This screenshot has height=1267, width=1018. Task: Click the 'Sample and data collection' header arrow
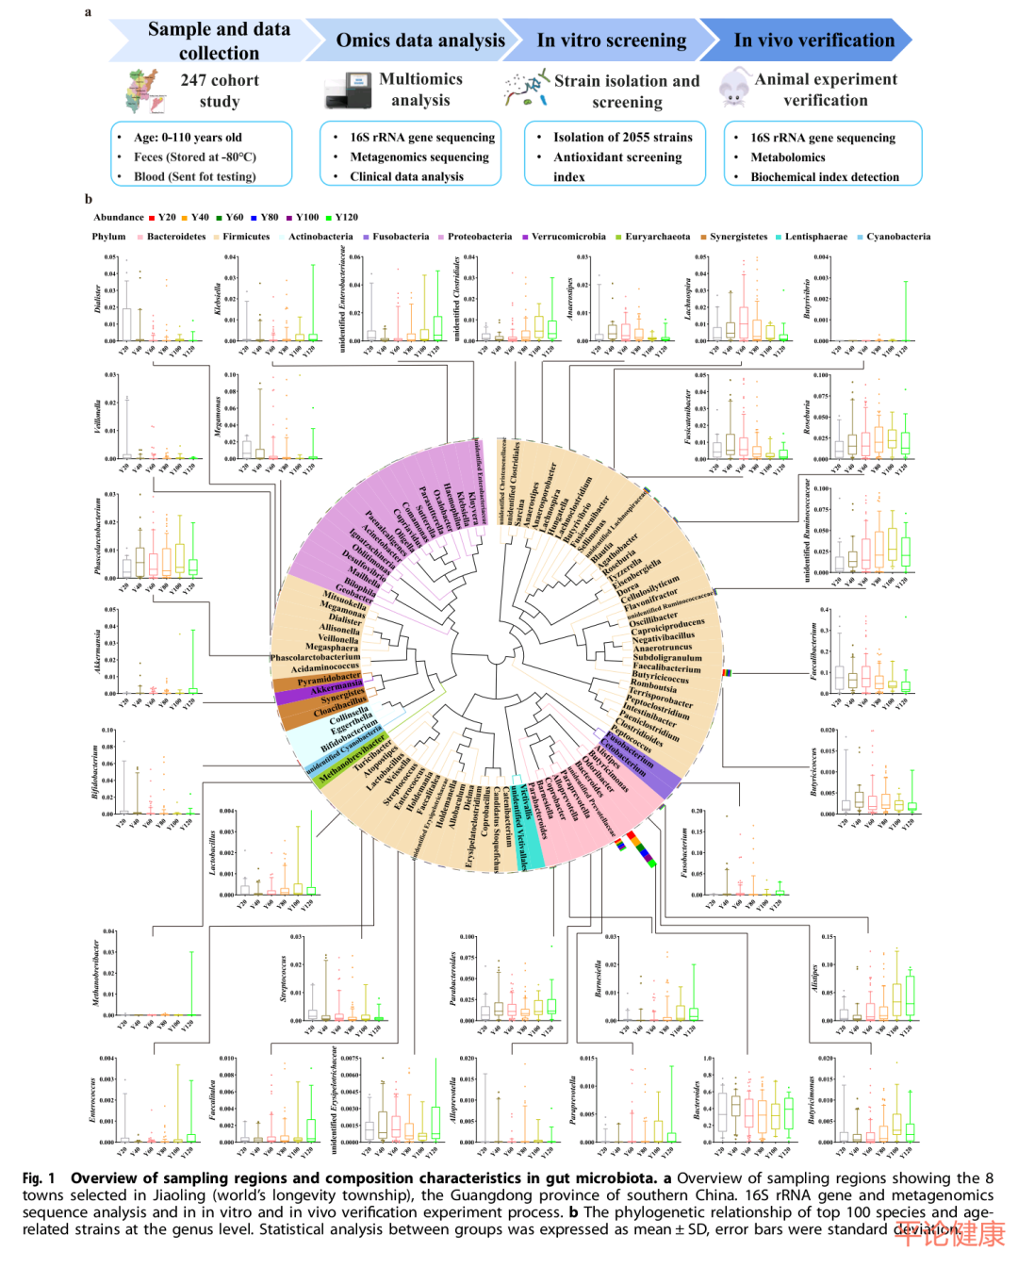pos(219,41)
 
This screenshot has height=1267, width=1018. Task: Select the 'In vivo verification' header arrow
pos(813,41)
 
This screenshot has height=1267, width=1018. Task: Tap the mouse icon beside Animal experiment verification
pos(734,88)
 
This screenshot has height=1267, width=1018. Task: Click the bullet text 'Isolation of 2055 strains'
pos(622,138)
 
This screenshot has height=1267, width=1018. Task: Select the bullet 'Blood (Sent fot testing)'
pos(194,176)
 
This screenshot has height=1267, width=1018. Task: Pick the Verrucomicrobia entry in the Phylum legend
pos(567,238)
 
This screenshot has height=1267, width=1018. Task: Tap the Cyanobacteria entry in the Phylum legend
pos(897,238)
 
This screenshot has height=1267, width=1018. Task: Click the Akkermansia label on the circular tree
pos(337,689)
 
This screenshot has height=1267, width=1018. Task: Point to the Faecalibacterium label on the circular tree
pos(666,667)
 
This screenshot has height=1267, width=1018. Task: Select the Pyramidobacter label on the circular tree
pos(329,678)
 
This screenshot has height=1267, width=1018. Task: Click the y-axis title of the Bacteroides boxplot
pos(698,1099)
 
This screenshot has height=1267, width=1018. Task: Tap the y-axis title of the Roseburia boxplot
pos(807,417)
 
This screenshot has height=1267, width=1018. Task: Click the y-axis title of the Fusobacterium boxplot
pos(685,852)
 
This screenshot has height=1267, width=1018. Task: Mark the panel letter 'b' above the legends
pos(89,199)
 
